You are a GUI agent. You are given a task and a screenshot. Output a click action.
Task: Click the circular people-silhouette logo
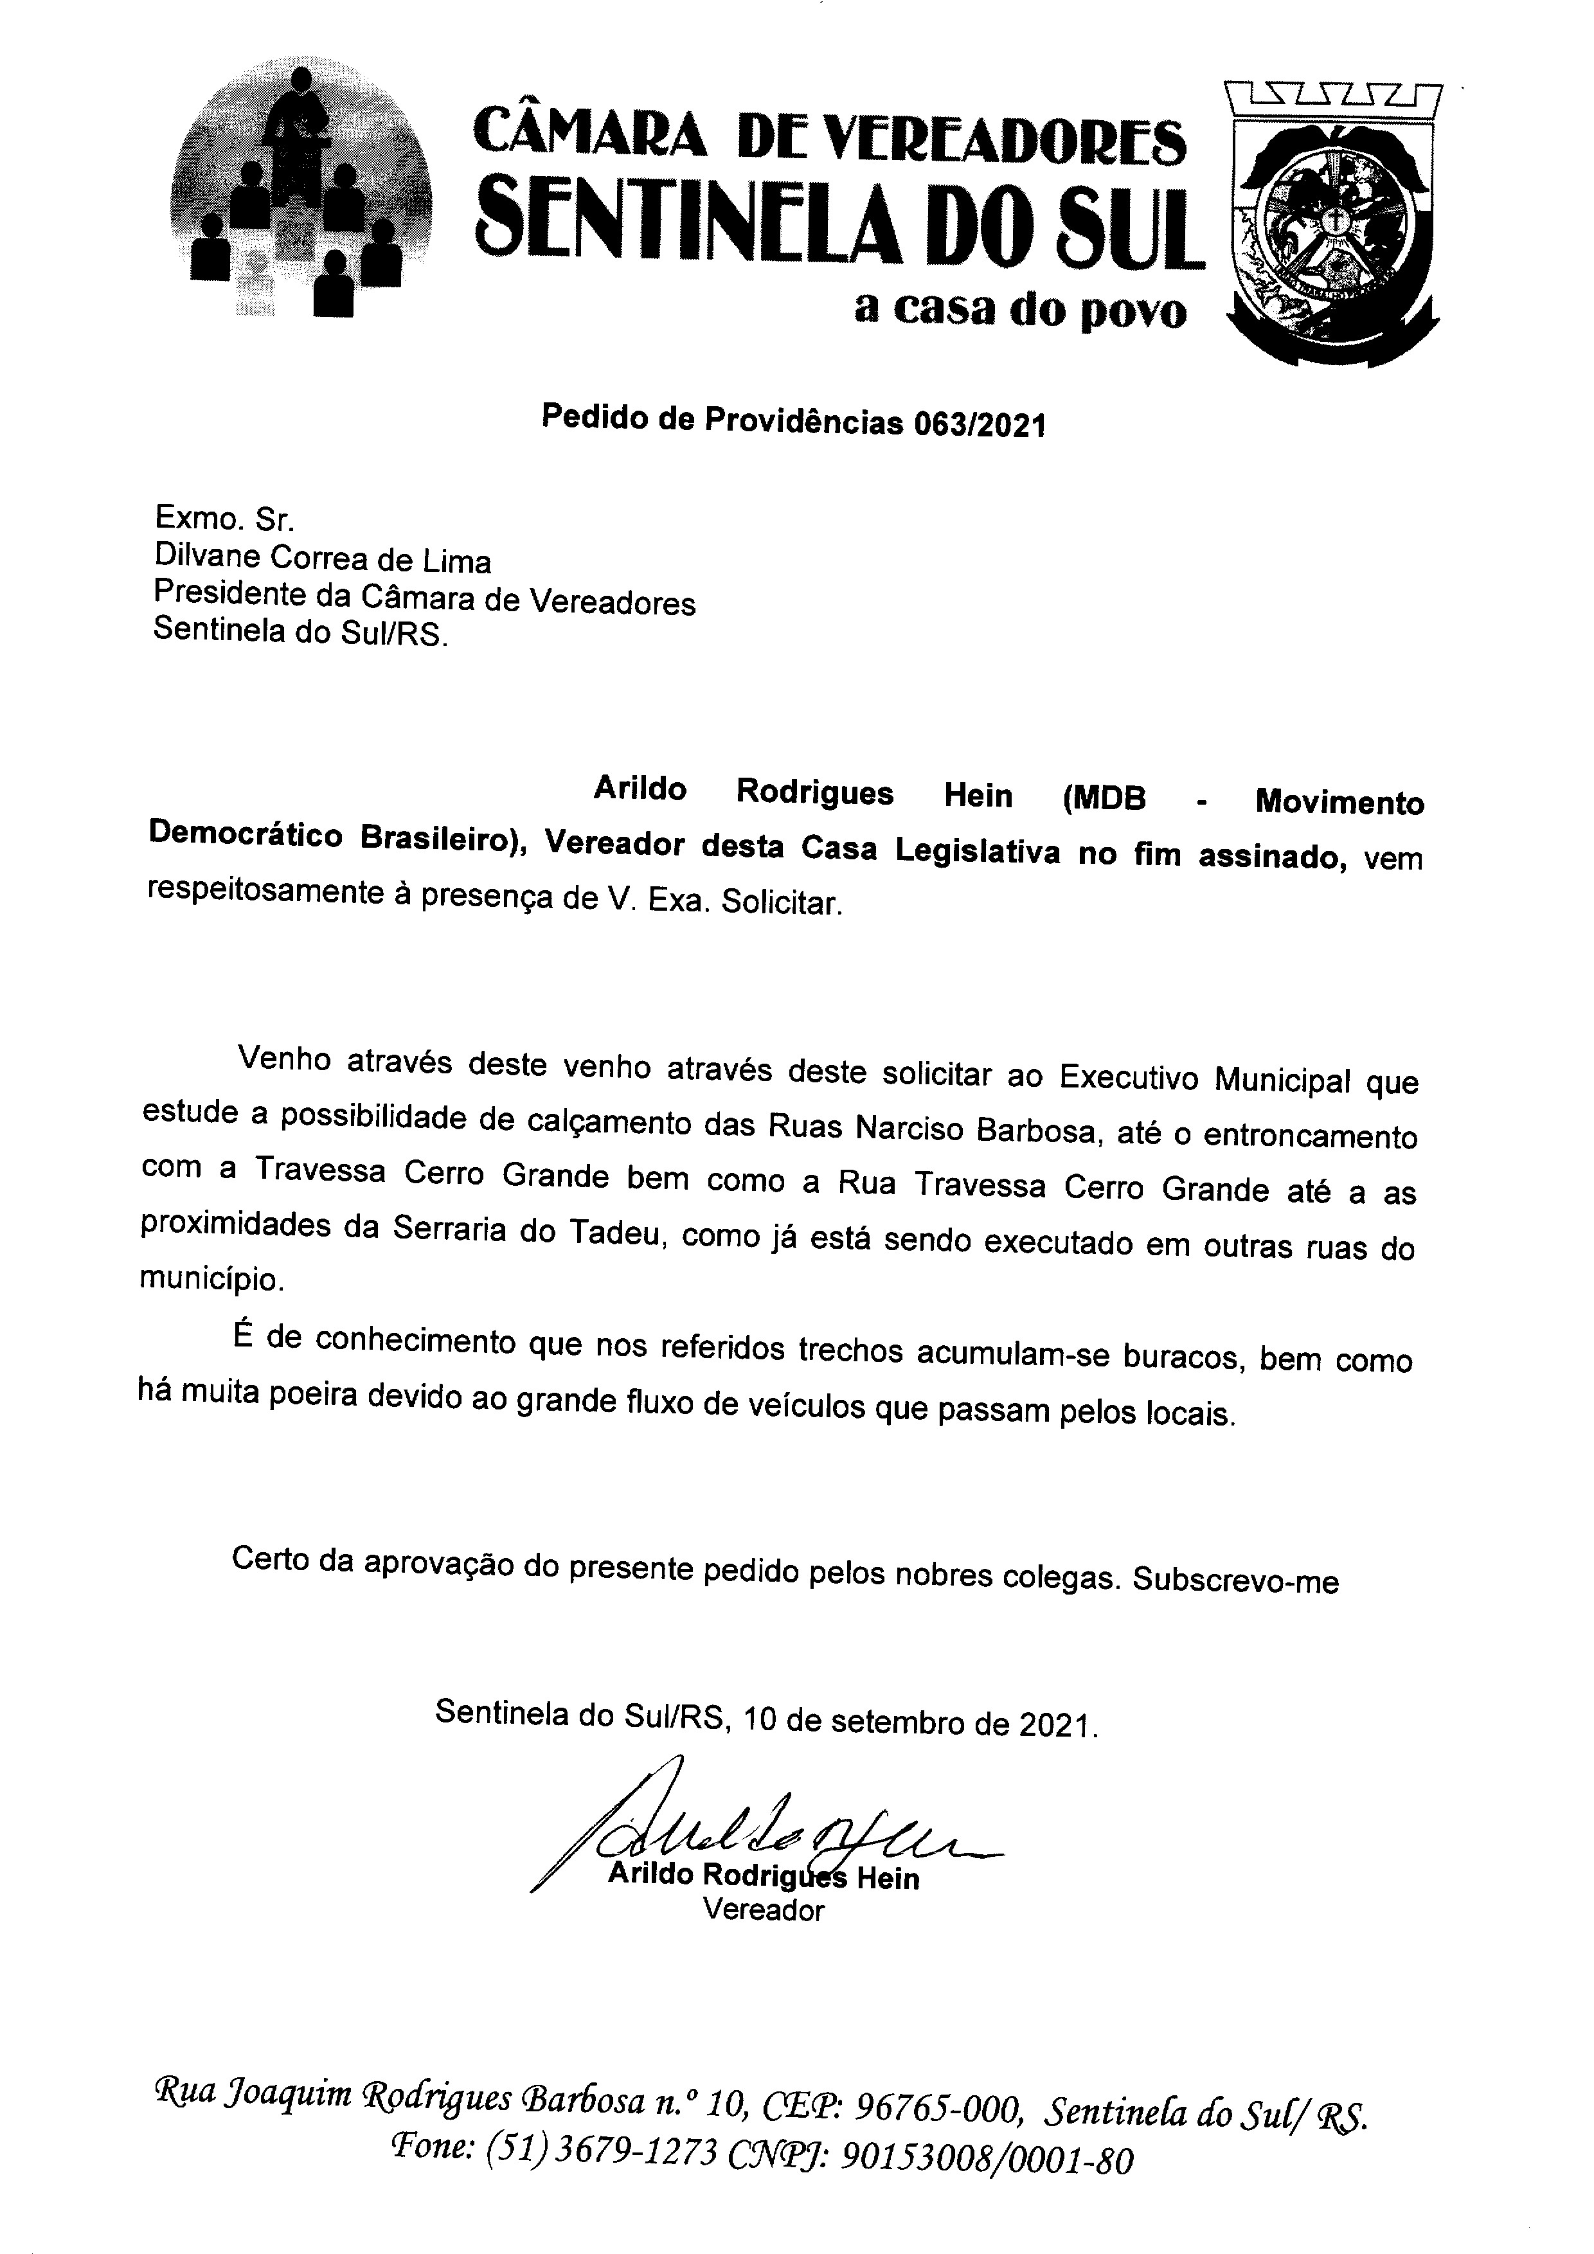tap(300, 192)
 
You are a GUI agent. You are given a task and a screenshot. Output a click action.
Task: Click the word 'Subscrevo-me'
tap(1235, 1582)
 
